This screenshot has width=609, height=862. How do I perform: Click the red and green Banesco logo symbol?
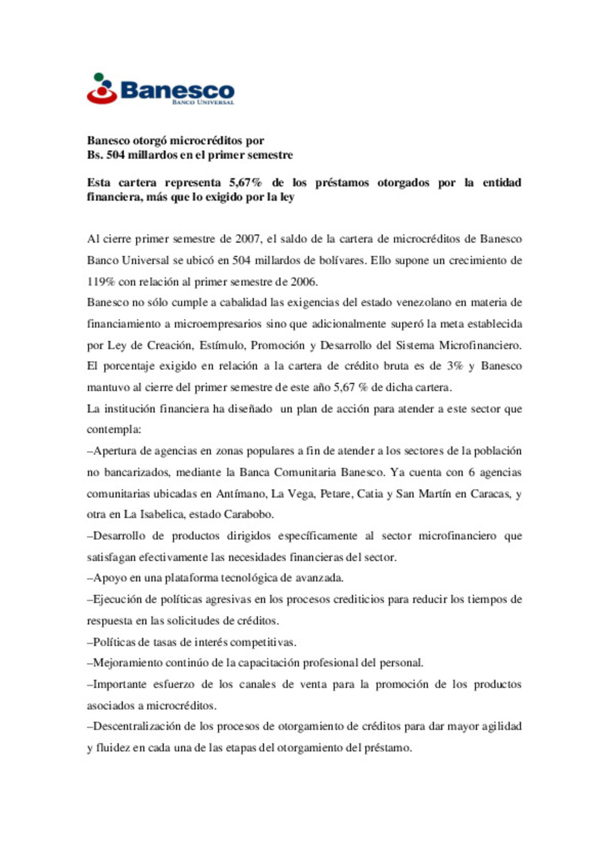(x=102, y=89)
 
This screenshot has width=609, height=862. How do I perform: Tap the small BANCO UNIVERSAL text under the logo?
(x=202, y=103)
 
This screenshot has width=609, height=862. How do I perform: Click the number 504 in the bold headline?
(x=115, y=155)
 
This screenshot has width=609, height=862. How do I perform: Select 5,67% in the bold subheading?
(x=245, y=183)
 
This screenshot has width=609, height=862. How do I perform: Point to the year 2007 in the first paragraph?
(x=248, y=239)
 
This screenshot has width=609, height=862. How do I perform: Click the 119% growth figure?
(x=100, y=282)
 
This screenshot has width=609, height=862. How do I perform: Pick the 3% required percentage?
(x=454, y=366)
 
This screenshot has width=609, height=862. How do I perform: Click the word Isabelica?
(x=162, y=514)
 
